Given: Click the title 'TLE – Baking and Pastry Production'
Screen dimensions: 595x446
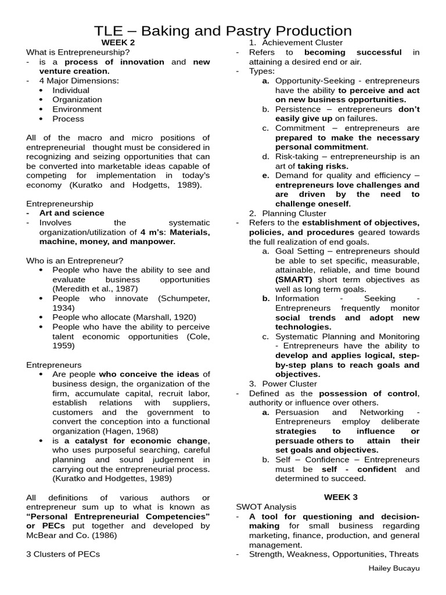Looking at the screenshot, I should (223, 31).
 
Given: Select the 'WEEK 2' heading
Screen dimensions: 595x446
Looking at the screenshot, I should (118, 42).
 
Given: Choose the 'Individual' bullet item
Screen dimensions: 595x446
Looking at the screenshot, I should (71, 90).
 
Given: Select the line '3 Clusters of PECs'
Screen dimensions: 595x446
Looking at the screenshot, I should (63, 554).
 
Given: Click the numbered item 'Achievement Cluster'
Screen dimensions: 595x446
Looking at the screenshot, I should (302, 42).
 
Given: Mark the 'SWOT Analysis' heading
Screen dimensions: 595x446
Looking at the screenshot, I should (266, 507).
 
